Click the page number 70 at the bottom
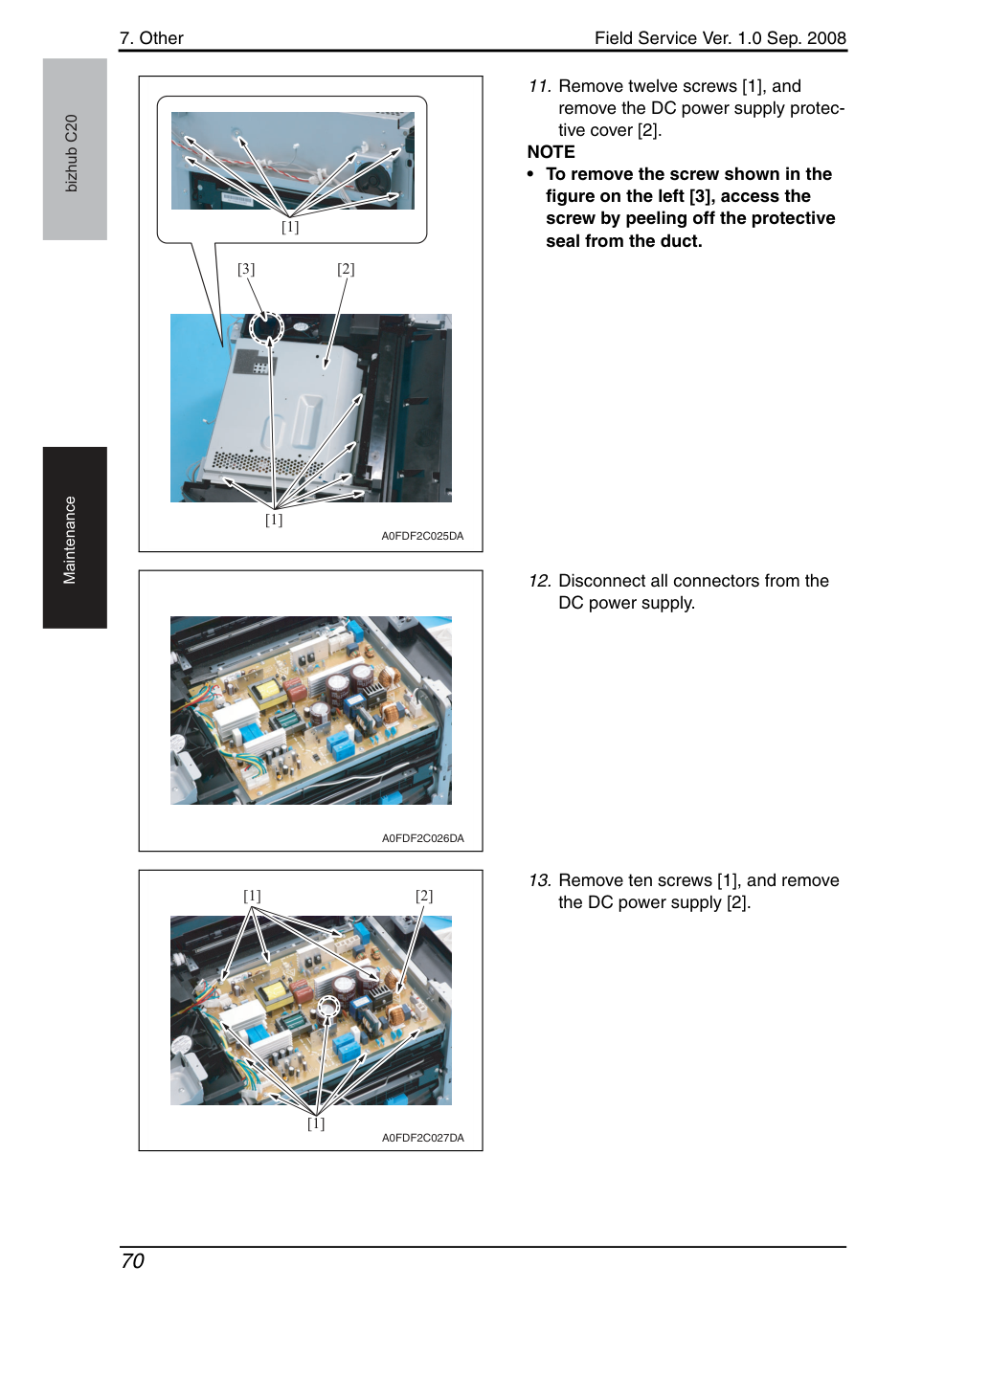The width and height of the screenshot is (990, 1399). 132,1260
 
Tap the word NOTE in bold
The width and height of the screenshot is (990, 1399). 551,152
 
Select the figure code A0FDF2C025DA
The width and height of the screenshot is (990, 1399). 422,536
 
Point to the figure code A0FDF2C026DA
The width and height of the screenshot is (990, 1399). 423,838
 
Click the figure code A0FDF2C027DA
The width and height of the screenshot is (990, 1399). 423,1138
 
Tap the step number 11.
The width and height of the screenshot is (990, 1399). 539,86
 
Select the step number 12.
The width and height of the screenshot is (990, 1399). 540,581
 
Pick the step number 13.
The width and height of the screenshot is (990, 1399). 540,880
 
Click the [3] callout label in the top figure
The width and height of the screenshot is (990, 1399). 246,269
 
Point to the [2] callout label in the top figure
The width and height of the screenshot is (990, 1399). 346,269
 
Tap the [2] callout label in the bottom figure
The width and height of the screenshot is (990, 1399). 424,897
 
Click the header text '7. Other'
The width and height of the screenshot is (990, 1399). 151,38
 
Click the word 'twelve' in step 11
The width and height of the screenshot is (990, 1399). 653,86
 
